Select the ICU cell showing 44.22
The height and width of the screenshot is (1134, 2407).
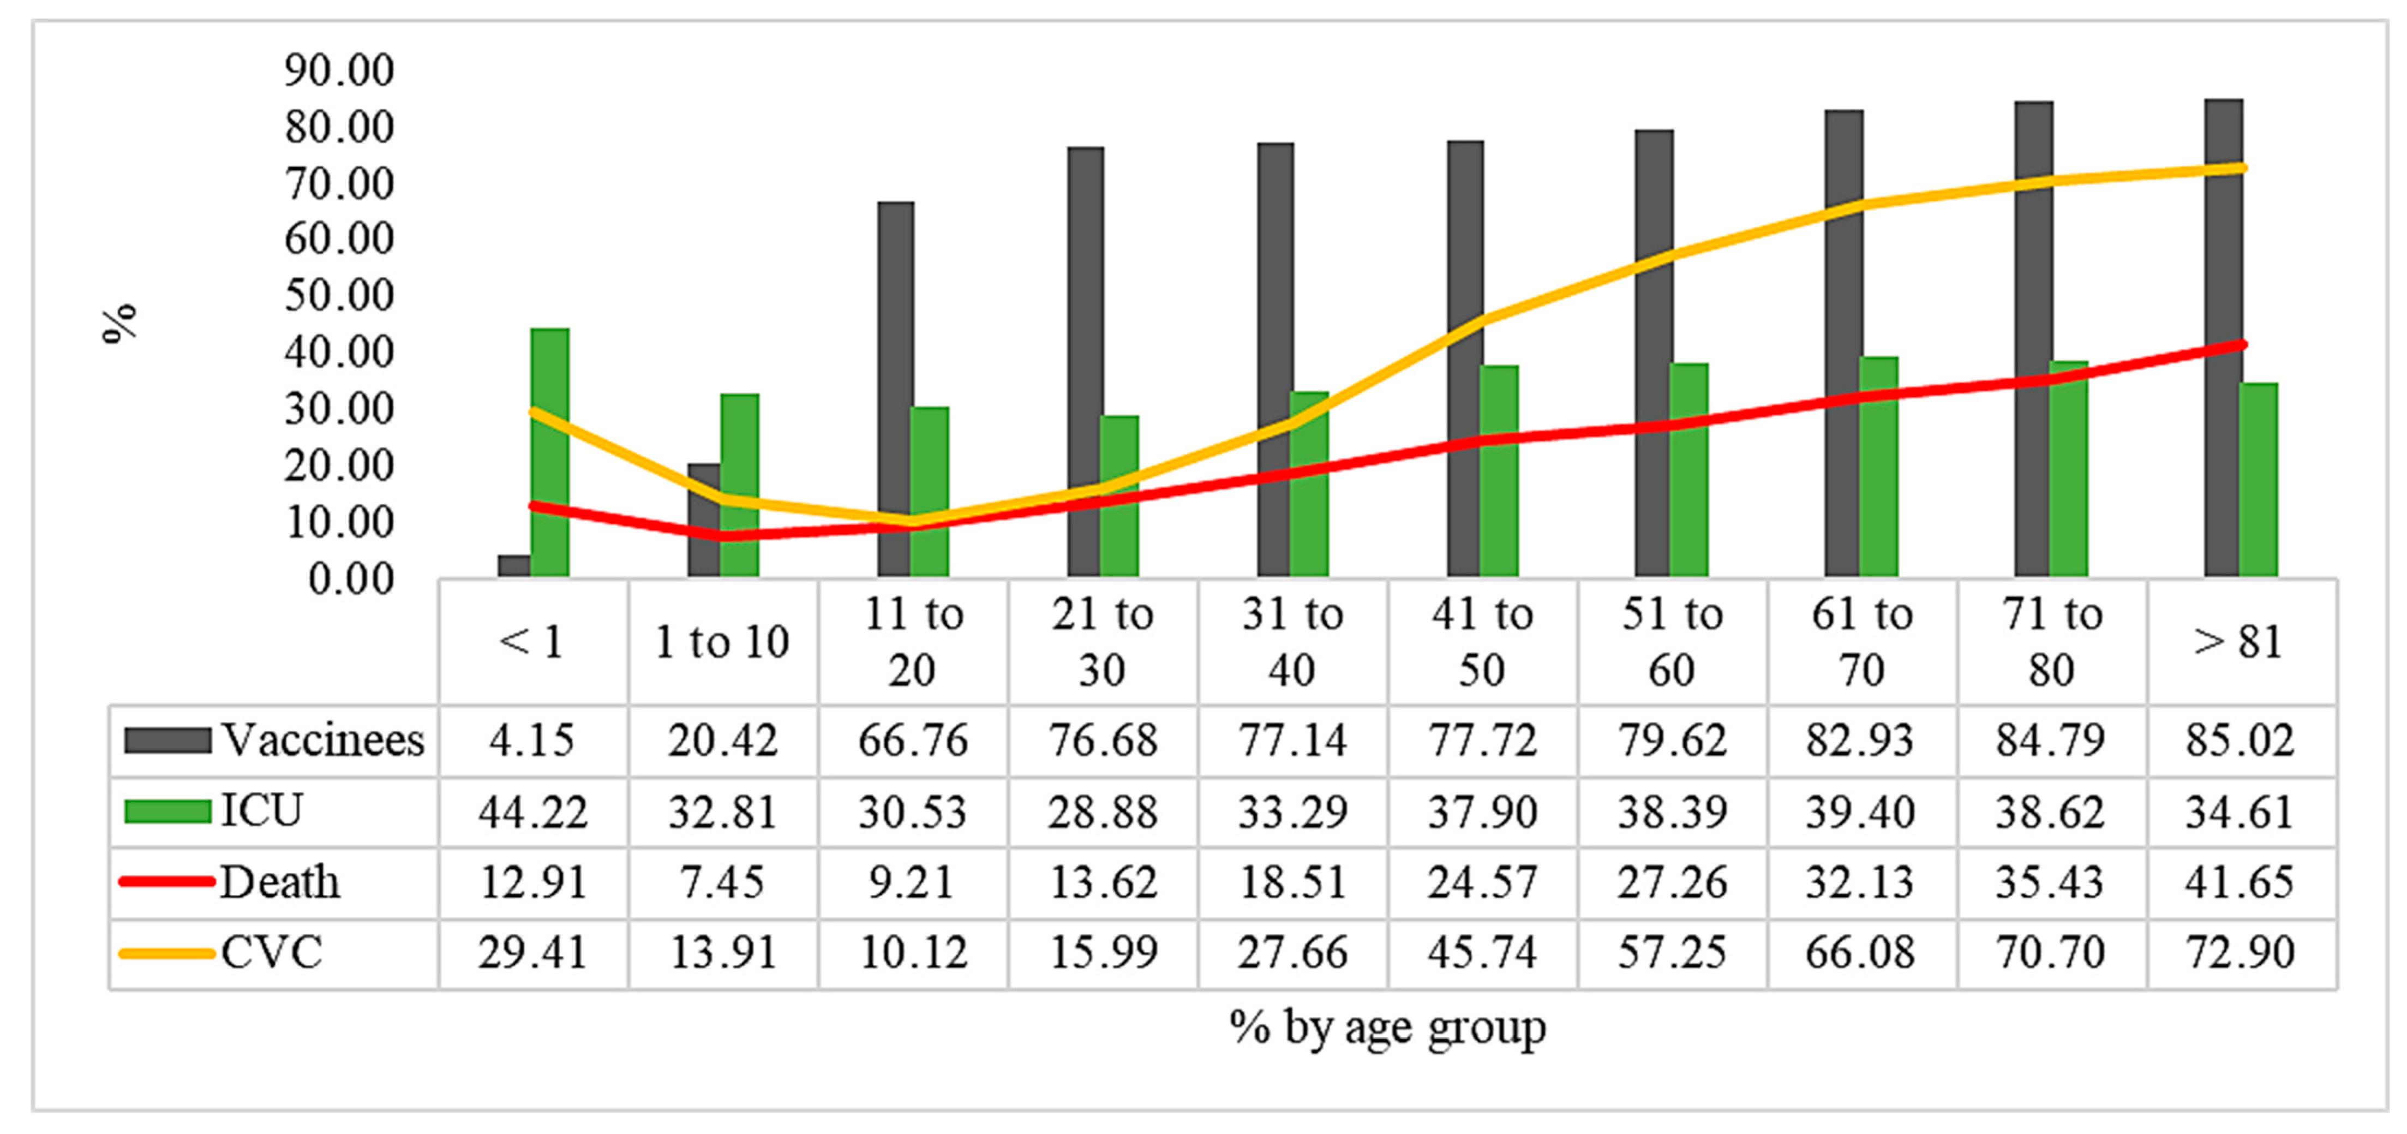[532, 811]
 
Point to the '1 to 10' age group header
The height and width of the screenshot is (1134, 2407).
[721, 642]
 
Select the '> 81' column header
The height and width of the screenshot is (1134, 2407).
[2239, 642]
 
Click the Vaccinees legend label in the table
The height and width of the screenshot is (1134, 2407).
[322, 741]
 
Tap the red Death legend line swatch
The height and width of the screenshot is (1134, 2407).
[166, 881]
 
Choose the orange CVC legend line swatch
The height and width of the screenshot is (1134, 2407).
[166, 953]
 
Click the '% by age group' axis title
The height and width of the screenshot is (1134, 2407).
[1387, 1028]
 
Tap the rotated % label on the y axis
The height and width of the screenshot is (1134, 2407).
[119, 324]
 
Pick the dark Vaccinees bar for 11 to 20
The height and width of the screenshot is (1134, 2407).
[895, 389]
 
